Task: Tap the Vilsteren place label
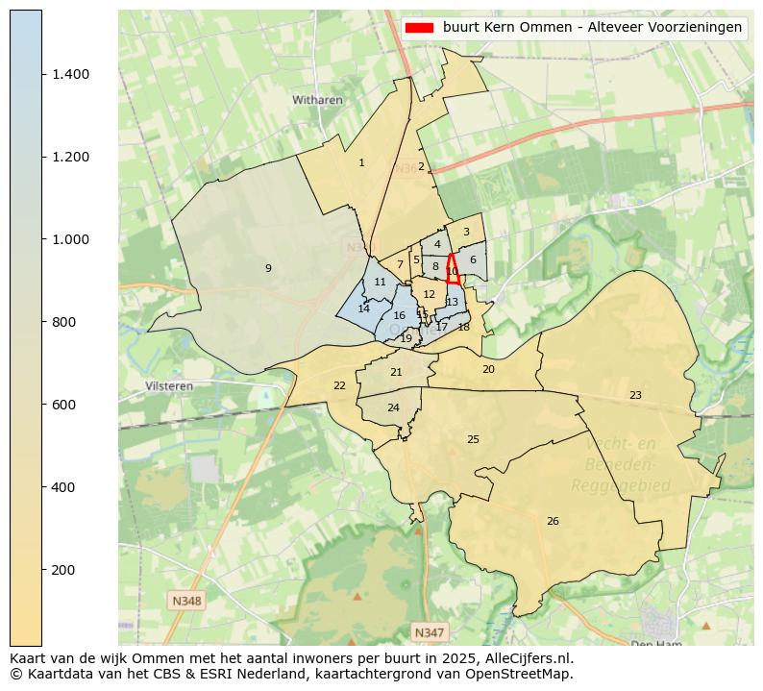pyautogui.click(x=169, y=385)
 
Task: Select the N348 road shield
pyautogui.click(x=186, y=601)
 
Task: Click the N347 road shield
pyautogui.click(x=429, y=631)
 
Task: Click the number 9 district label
pyautogui.click(x=268, y=268)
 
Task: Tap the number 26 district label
pyautogui.click(x=553, y=521)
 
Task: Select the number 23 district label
pyautogui.click(x=635, y=395)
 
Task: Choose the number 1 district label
pyautogui.click(x=361, y=162)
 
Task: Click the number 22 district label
pyautogui.click(x=339, y=385)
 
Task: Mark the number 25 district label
pyautogui.click(x=473, y=439)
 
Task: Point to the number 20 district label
pyautogui.click(x=488, y=369)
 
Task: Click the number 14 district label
pyautogui.click(x=363, y=308)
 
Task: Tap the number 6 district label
pyautogui.click(x=473, y=259)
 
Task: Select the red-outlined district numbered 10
pyautogui.click(x=452, y=270)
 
